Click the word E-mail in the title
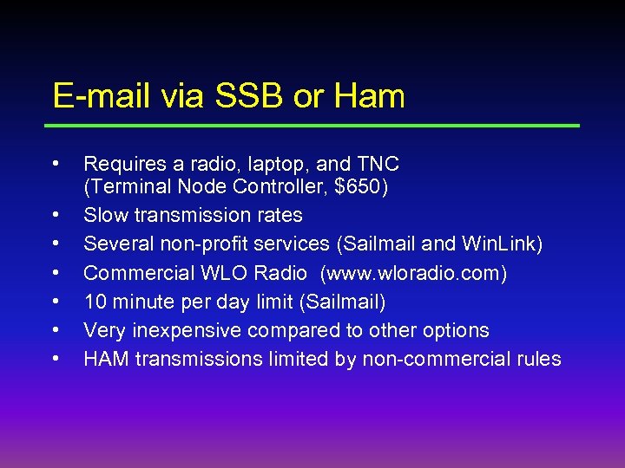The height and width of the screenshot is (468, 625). pos(102,96)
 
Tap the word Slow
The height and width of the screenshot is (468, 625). pos(106,215)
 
